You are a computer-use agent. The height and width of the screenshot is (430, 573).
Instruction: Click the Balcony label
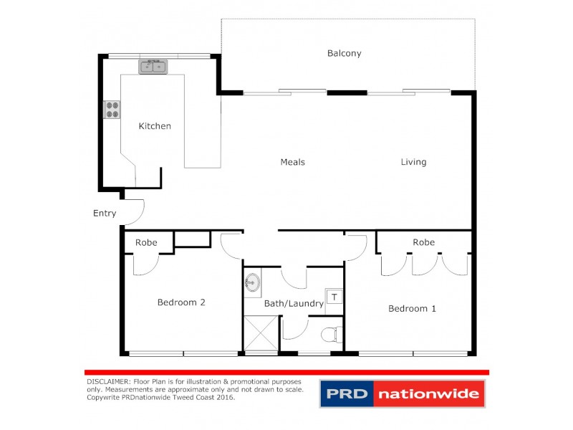pyautogui.click(x=344, y=53)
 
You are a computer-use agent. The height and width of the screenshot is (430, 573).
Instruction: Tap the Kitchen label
pyautogui.click(x=155, y=126)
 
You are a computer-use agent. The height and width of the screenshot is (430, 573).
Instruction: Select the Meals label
pyautogui.click(x=292, y=162)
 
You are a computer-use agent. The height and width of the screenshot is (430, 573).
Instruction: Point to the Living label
pyautogui.click(x=413, y=162)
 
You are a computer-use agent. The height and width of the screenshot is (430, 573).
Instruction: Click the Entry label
pyautogui.click(x=105, y=213)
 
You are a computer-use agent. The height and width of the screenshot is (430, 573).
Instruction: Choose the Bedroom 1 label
pyautogui.click(x=412, y=308)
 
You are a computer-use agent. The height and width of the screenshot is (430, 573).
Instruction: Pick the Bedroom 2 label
pyautogui.click(x=181, y=302)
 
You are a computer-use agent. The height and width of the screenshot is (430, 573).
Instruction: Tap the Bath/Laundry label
pyautogui.click(x=294, y=303)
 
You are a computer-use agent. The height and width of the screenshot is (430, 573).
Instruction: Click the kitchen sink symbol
pyautogui.click(x=153, y=67)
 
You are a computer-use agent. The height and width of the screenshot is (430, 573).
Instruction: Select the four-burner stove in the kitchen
pyautogui.click(x=112, y=109)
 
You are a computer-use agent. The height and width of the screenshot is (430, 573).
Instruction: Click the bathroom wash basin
pyautogui.click(x=252, y=282)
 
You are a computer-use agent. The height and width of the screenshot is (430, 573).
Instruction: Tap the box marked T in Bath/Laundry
pyautogui.click(x=334, y=295)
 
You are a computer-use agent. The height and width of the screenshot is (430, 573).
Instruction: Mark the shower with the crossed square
pyautogui.click(x=260, y=334)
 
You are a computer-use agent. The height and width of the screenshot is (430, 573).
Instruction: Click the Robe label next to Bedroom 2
pyautogui.click(x=146, y=242)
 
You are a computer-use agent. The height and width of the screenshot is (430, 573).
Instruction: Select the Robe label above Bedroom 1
pyautogui.click(x=423, y=242)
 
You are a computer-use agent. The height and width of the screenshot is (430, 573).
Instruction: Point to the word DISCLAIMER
pyautogui.click(x=107, y=382)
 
